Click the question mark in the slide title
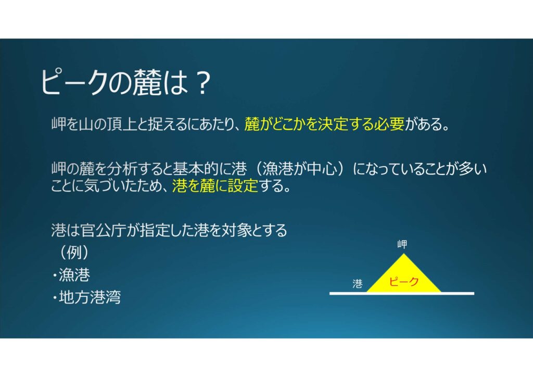[x=202, y=83]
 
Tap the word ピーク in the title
[x=73, y=83]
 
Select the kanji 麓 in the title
[x=146, y=83]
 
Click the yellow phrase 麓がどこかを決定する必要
[x=324, y=124]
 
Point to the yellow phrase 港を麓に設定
[x=215, y=185]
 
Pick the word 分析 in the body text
[x=121, y=169]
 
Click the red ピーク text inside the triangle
[x=403, y=282]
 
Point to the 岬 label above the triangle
[x=402, y=244]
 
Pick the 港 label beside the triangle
[x=357, y=283]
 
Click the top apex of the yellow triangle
[x=403, y=254]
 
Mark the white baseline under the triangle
[x=402, y=293]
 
